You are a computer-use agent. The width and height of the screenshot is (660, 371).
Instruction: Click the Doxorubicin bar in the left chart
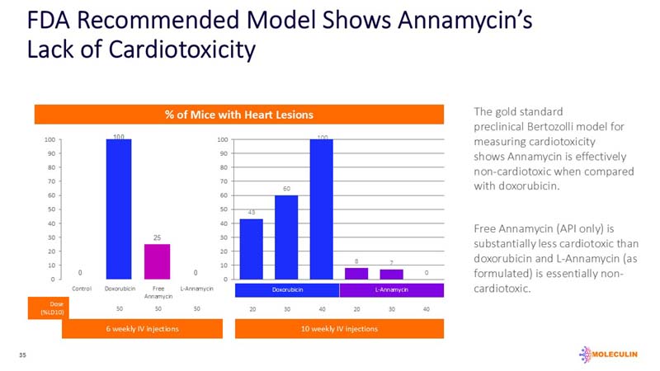pyautogui.click(x=119, y=209)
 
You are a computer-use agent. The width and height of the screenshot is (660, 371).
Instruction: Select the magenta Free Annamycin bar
pyautogui.click(x=156, y=261)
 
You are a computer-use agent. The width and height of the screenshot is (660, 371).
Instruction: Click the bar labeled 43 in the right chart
pyautogui.click(x=251, y=249)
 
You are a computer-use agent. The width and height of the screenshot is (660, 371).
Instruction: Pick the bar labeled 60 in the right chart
pyautogui.click(x=286, y=237)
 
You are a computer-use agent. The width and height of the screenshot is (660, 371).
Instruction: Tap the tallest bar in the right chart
pyautogui.click(x=322, y=209)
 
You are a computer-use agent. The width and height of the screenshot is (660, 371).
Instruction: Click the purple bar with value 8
pyautogui.click(x=356, y=274)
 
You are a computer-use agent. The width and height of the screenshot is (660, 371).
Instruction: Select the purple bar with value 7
pyautogui.click(x=391, y=275)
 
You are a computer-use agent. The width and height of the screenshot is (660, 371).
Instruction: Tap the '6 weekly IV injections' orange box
pyautogui.click(x=142, y=329)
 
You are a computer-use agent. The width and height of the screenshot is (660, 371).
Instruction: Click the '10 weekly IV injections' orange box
pyautogui.click(x=339, y=329)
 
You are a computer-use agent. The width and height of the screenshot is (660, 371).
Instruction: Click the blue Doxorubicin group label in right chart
pyautogui.click(x=286, y=289)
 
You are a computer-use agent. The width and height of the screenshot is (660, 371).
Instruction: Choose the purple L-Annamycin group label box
pyautogui.click(x=392, y=289)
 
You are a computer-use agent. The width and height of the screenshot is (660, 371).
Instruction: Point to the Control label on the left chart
pyautogui.click(x=82, y=289)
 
